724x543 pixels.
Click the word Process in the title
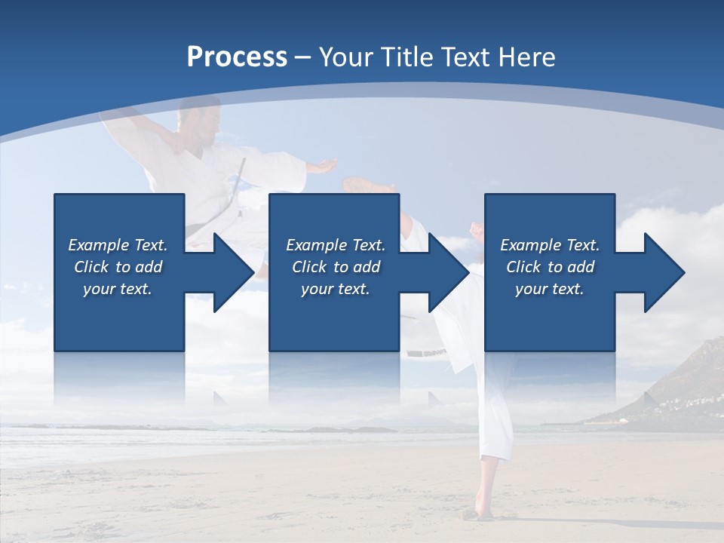pos(237,57)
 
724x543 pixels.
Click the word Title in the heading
pos(405,57)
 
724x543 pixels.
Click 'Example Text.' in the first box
pos(118,245)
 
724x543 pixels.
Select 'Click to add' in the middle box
pos(336,267)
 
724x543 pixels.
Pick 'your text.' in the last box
pos(549,289)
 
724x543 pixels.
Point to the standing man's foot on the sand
pos(474,514)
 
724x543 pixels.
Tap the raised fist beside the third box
pos(476,228)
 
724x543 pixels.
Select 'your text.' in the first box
pos(118,289)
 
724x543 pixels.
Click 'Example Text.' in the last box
pos(549,245)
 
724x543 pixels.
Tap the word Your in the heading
pos(345,57)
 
